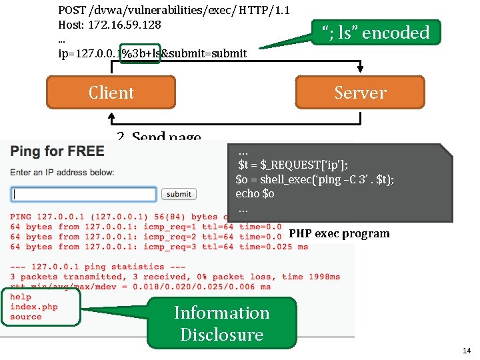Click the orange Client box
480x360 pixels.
[x=111, y=92]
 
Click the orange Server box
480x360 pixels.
[x=360, y=92]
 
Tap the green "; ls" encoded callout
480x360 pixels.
[x=376, y=32]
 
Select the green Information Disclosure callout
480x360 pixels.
[x=221, y=323]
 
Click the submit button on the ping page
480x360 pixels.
[x=179, y=194]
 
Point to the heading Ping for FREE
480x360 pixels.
[x=57, y=151]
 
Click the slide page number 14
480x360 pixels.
[x=466, y=350]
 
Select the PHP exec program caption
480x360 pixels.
[x=339, y=233]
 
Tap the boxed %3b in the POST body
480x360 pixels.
[x=140, y=53]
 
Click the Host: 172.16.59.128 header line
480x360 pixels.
[x=110, y=25]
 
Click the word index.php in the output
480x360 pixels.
[x=34, y=307]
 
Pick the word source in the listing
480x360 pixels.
[x=26, y=317]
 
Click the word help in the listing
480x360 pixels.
[x=21, y=297]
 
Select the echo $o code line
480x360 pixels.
[x=255, y=193]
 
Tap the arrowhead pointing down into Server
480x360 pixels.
[x=360, y=71]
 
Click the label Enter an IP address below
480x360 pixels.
[x=62, y=172]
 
